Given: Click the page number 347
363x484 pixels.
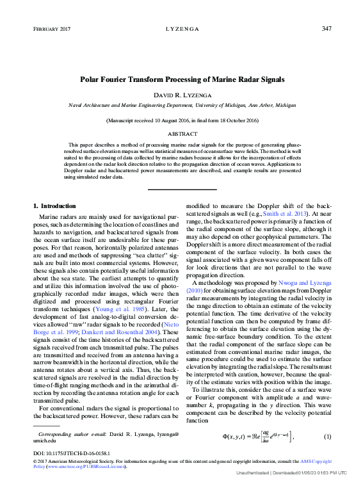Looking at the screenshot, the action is [326, 29].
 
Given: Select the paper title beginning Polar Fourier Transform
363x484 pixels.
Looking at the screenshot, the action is [182, 81].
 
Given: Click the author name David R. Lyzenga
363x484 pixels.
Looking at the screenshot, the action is [182, 95].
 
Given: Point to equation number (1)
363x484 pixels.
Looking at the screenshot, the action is [327, 437].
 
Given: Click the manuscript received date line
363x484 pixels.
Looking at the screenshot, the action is [182, 120].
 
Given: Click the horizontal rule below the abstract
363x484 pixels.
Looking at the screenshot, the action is [182, 189].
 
